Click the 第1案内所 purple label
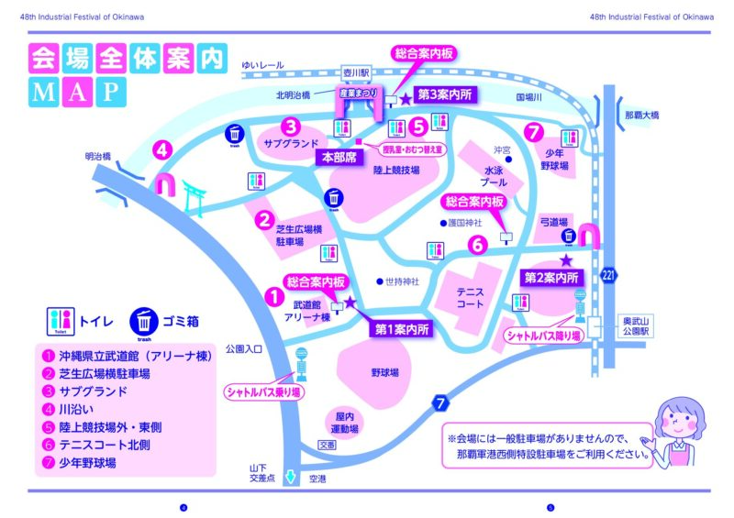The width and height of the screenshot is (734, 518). (x=401, y=327)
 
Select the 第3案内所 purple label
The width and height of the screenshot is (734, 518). (x=445, y=94)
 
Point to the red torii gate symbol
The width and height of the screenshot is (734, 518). (x=193, y=195)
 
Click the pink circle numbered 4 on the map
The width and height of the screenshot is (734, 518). (x=161, y=149)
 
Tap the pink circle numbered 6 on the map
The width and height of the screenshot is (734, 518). (x=477, y=244)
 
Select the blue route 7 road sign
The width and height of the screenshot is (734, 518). (x=441, y=402)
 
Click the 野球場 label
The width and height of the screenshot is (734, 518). (x=384, y=373)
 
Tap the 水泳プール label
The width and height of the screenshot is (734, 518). (x=495, y=177)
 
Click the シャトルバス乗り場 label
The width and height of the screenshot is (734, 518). (x=263, y=391)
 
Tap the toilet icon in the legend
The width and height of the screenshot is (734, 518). (x=61, y=322)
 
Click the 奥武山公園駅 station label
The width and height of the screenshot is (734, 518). (x=636, y=326)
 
